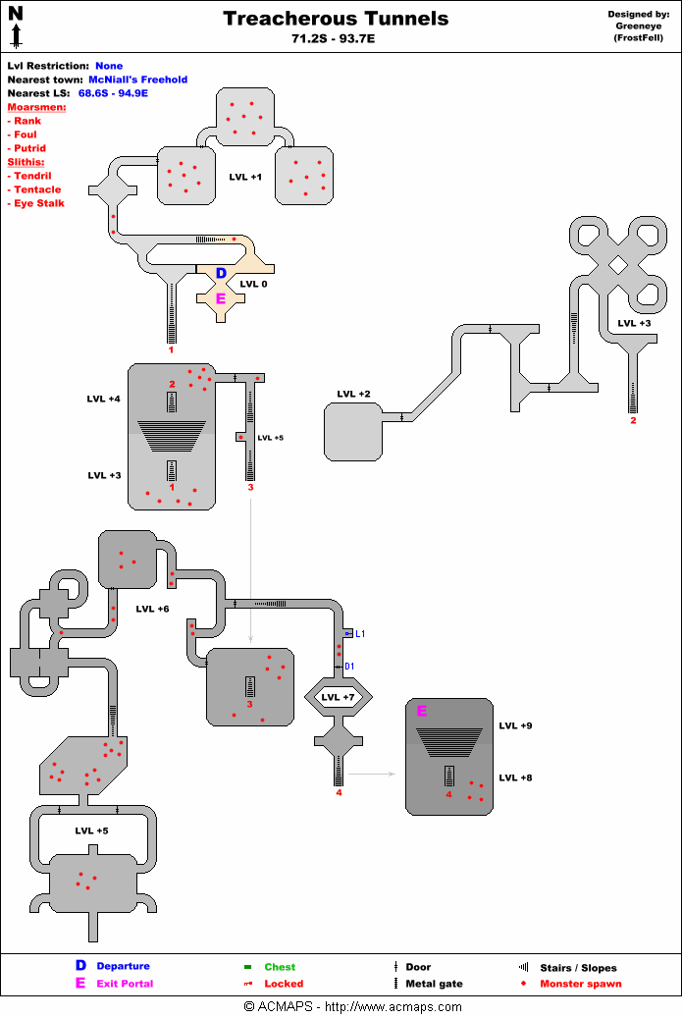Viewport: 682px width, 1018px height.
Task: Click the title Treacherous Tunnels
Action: click(x=336, y=19)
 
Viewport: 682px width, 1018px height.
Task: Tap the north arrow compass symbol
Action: click(x=16, y=26)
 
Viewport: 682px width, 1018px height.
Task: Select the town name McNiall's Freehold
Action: click(x=137, y=80)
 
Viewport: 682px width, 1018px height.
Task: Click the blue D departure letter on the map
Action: click(x=221, y=273)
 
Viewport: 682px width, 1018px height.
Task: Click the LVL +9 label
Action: click(x=515, y=726)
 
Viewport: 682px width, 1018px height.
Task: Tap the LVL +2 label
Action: click(x=353, y=395)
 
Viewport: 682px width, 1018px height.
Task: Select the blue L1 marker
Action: click(x=360, y=634)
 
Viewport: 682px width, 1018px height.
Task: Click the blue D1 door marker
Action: click(x=349, y=667)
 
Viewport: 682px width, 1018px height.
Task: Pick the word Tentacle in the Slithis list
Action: click(x=37, y=189)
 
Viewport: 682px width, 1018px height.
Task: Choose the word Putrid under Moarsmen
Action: click(x=31, y=148)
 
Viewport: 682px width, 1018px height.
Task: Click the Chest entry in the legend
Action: click(x=280, y=967)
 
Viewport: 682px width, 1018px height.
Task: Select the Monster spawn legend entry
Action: click(x=580, y=984)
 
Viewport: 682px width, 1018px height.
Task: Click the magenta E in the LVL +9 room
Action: click(x=422, y=711)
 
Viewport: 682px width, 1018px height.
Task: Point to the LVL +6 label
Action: click(x=152, y=609)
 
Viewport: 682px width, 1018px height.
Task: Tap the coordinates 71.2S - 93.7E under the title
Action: click(x=336, y=38)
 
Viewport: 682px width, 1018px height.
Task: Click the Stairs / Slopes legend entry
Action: click(x=578, y=967)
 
